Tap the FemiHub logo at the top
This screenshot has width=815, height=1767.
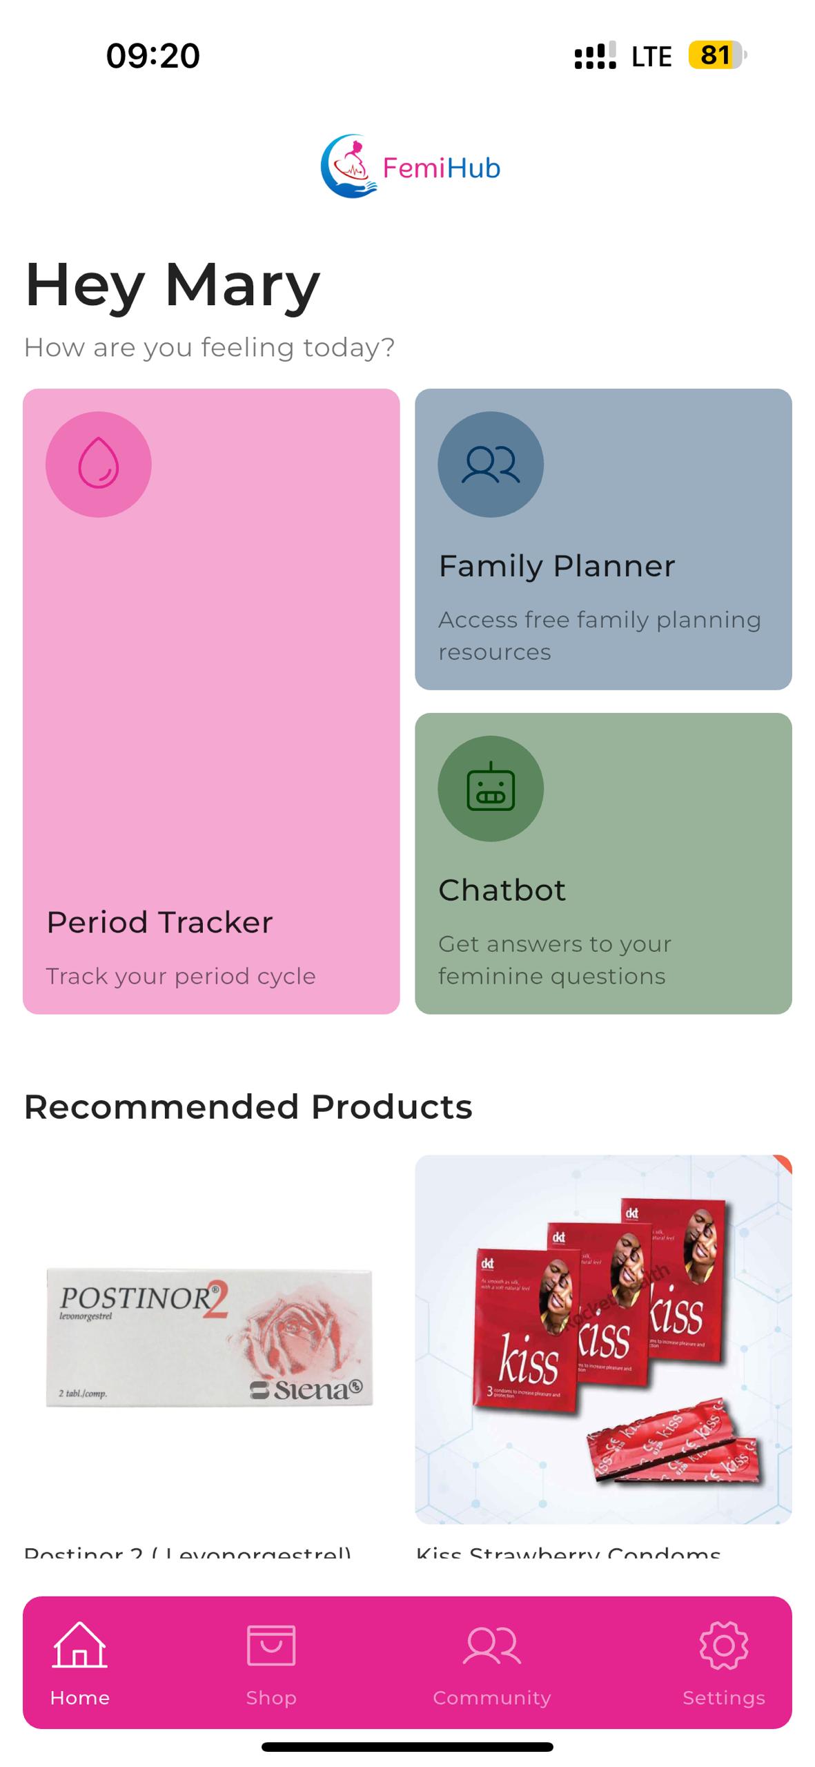(x=410, y=166)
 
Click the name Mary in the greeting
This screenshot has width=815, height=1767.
(x=242, y=284)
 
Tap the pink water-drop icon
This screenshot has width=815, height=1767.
(x=98, y=464)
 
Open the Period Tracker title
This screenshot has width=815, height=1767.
(x=159, y=922)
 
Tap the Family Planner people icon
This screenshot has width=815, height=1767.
(x=490, y=464)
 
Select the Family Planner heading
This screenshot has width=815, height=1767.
(x=556, y=566)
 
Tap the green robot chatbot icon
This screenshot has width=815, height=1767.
(x=490, y=788)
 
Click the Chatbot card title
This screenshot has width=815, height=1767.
(x=502, y=890)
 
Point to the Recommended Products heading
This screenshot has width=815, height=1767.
(x=248, y=1106)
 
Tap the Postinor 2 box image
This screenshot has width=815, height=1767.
(x=209, y=1337)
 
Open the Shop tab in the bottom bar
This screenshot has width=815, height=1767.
(x=271, y=1663)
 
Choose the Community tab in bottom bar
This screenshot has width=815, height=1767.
(x=491, y=1663)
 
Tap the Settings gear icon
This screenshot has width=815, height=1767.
(x=723, y=1646)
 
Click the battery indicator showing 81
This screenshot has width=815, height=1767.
(x=716, y=55)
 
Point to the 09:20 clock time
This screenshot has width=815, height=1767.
(x=153, y=55)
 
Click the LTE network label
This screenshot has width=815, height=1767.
(x=651, y=57)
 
